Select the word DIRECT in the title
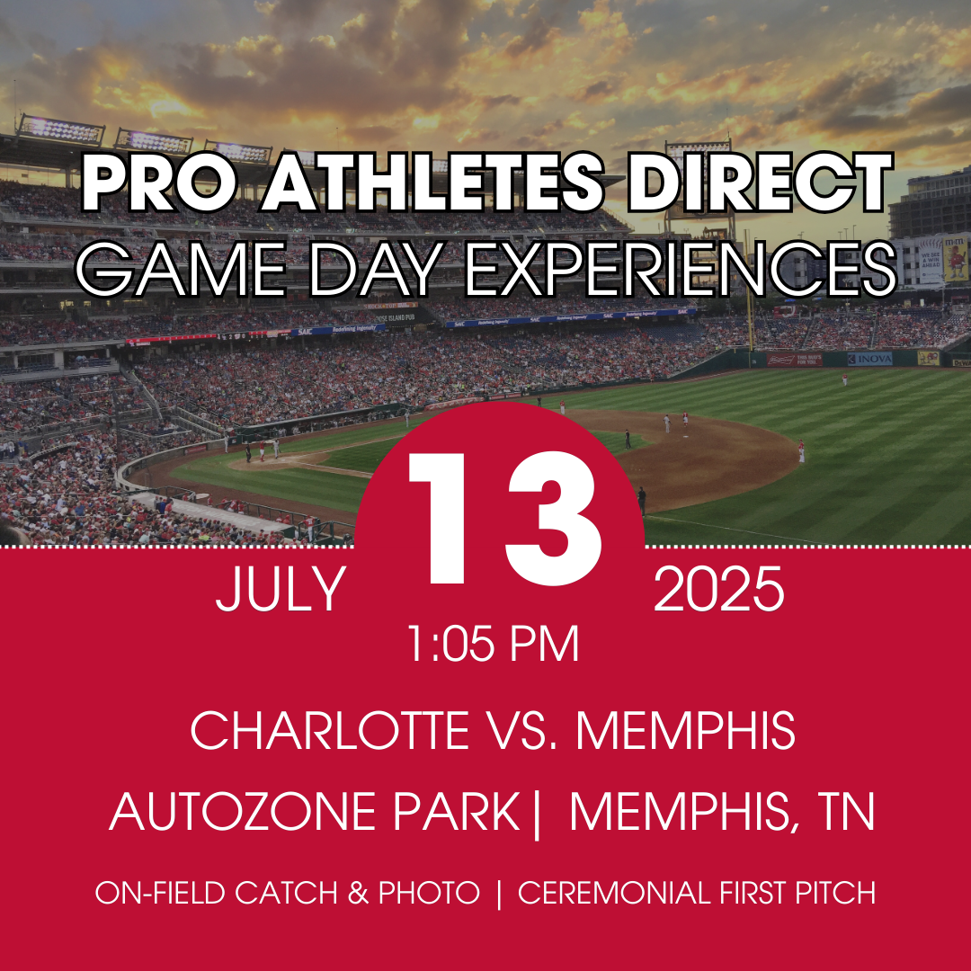tap(759, 183)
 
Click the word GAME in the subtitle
tap(180, 270)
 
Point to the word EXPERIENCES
tap(680, 270)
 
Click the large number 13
tap(504, 518)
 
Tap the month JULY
tap(281, 589)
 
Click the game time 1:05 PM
tap(493, 644)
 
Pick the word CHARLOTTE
tap(329, 730)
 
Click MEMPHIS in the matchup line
tap(685, 730)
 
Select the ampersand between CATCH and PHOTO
tap(359, 893)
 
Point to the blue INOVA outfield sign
tap(869, 359)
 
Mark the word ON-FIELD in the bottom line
tap(160, 893)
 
